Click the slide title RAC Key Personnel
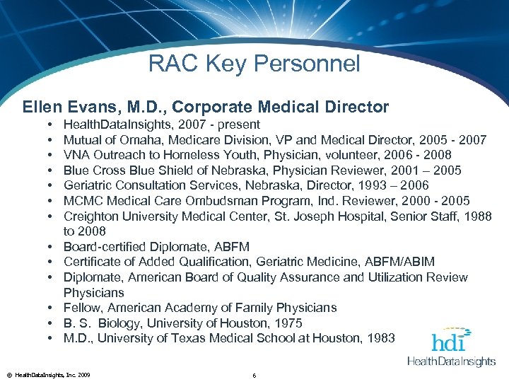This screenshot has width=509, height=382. tap(254, 64)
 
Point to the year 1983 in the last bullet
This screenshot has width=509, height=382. tap(381, 339)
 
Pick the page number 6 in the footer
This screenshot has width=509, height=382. tap(253, 374)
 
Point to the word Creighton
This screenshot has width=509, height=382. tap(89, 216)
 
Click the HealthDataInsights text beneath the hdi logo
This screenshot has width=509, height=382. tap(451, 361)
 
